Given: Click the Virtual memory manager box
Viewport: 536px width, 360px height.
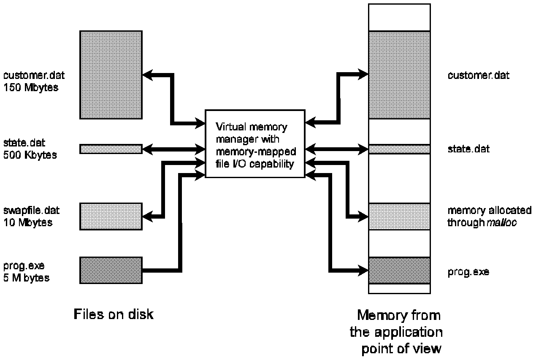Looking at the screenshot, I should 254,143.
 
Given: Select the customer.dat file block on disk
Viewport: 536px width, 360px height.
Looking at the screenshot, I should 111,75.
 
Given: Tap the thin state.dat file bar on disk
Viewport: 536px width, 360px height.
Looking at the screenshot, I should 111,149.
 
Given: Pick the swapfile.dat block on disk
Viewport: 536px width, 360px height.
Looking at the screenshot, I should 111,217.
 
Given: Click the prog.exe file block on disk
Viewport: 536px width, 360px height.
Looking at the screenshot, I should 111,270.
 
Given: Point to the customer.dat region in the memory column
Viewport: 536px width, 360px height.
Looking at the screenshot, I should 399,75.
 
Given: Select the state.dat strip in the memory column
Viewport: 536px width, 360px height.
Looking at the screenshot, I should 399,149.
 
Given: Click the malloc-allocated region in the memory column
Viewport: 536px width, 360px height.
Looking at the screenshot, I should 399,217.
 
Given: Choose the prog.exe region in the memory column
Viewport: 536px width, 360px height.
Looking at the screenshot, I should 399,270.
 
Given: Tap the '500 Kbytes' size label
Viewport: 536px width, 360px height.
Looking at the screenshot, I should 30,154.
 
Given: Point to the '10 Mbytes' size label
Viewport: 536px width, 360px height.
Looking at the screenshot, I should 28,222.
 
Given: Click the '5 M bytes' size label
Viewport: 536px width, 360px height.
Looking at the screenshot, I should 26,278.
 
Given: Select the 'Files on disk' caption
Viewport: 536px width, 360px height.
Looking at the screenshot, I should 114,314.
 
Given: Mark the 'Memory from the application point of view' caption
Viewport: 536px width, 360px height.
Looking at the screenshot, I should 396,332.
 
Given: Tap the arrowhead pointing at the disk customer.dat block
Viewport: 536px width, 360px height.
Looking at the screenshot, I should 146,75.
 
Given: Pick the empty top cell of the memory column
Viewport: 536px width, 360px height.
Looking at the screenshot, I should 399,17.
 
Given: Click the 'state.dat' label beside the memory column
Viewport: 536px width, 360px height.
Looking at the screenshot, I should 468,149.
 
